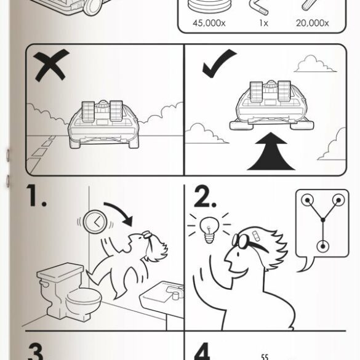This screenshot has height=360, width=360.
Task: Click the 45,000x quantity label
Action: point(209,23)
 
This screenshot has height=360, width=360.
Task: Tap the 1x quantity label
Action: point(264,23)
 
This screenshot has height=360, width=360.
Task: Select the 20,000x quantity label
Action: point(312,23)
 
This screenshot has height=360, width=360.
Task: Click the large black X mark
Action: point(51,65)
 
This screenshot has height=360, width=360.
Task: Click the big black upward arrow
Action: point(271,151)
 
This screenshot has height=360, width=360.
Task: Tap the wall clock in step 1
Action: point(95,222)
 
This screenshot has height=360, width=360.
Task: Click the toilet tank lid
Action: point(60,271)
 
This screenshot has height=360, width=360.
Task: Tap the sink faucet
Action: point(175,292)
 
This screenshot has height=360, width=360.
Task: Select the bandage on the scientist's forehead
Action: point(255,236)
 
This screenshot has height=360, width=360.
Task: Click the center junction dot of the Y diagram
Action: point(323,220)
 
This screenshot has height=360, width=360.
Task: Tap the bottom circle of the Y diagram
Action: point(323,247)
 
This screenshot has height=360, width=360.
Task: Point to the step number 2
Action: point(205,196)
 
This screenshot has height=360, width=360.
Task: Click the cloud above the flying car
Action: point(315,63)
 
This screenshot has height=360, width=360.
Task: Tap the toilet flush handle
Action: point(44,284)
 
